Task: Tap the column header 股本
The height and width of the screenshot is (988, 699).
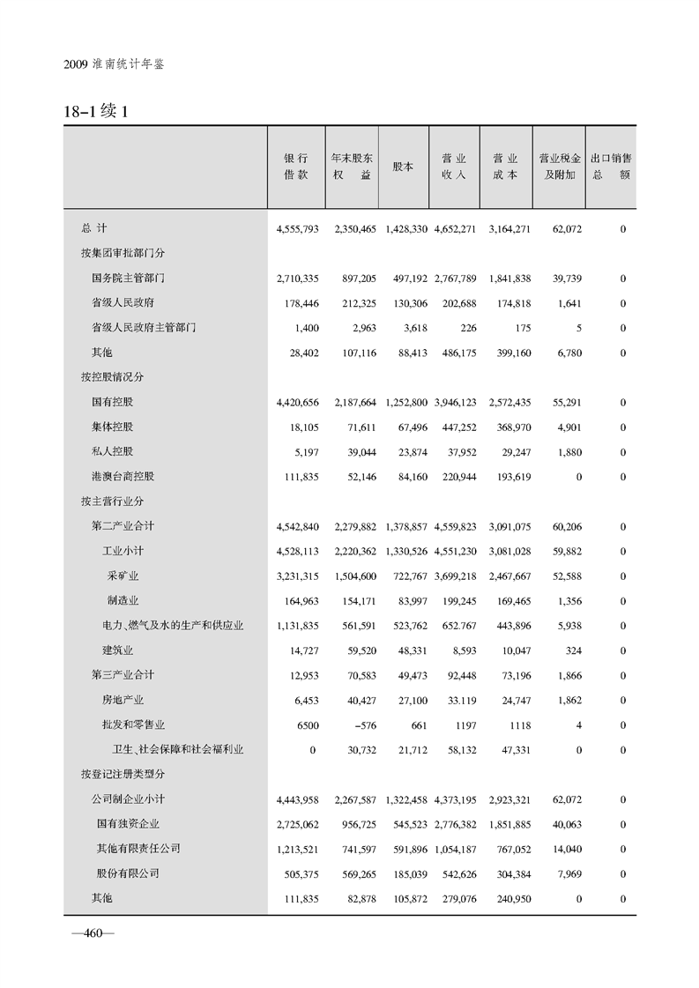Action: pyautogui.click(x=403, y=167)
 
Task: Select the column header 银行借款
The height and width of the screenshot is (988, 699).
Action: pyautogui.click(x=296, y=167)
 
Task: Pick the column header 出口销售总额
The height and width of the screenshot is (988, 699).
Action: pyautogui.click(x=610, y=167)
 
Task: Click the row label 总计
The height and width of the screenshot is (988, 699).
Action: pyautogui.click(x=93, y=229)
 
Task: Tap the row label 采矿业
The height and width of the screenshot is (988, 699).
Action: pyautogui.click(x=123, y=576)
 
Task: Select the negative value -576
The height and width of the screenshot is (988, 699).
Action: pyautogui.click(x=362, y=725)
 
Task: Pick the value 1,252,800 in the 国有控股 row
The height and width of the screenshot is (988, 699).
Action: pyautogui.click(x=406, y=403)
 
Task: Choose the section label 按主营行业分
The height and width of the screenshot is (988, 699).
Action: pyautogui.click(x=112, y=501)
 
